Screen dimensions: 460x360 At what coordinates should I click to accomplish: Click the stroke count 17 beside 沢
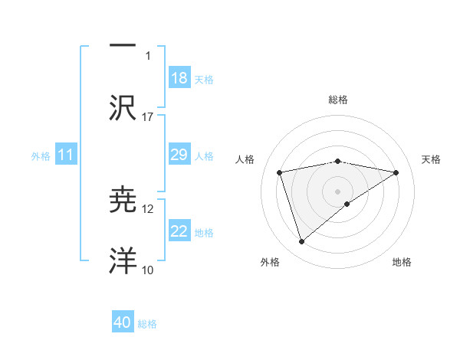click(x=148, y=117)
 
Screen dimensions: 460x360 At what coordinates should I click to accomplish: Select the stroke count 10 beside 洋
click(x=148, y=270)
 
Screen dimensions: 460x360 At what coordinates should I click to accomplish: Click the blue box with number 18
click(x=179, y=78)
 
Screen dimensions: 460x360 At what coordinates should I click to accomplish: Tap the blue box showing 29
click(x=179, y=155)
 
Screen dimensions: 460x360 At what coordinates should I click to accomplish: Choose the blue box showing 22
click(x=179, y=231)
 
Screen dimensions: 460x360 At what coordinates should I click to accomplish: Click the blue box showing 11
click(x=66, y=155)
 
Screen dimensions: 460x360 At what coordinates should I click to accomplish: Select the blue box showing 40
click(x=123, y=323)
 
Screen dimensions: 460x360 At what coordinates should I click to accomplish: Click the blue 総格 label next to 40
click(x=147, y=324)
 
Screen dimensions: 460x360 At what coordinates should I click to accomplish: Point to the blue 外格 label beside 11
click(x=41, y=155)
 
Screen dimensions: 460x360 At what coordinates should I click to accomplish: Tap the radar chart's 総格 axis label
click(x=338, y=100)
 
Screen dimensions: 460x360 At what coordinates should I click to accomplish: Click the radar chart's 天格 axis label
click(x=431, y=159)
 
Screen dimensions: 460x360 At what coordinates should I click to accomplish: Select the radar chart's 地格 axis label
click(x=402, y=262)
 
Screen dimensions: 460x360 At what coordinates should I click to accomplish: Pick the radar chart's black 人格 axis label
click(x=245, y=159)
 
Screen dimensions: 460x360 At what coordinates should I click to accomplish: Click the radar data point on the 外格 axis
click(x=302, y=242)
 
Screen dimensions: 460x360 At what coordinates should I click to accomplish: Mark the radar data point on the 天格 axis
click(x=396, y=172)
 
